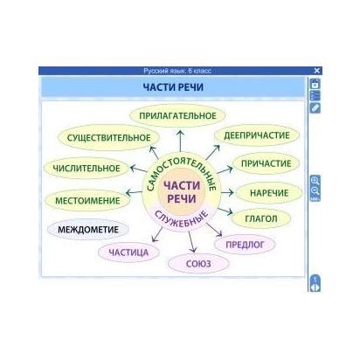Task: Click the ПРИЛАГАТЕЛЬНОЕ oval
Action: tap(177, 115)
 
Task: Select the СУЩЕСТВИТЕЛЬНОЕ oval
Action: tap(108, 138)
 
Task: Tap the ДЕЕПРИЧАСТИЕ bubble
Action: tap(257, 135)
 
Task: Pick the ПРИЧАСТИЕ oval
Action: tap(266, 163)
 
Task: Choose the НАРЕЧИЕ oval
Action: tap(269, 193)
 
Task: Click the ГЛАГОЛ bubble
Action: tap(261, 218)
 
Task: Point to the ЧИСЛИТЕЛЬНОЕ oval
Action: tap(87, 169)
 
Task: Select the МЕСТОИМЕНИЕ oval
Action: tap(87, 200)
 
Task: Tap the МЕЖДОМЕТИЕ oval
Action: tap(88, 230)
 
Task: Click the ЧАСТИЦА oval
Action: tap(128, 253)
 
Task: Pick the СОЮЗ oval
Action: tap(198, 264)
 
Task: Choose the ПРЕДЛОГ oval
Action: tap(245, 245)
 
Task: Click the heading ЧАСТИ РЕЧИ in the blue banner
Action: tap(173, 87)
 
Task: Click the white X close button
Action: tap(317, 71)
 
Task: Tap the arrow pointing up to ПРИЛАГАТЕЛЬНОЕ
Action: tap(181, 141)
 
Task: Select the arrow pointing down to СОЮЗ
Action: tap(191, 241)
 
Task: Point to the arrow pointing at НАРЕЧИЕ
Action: tap(227, 192)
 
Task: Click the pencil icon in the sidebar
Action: tap(315, 107)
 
